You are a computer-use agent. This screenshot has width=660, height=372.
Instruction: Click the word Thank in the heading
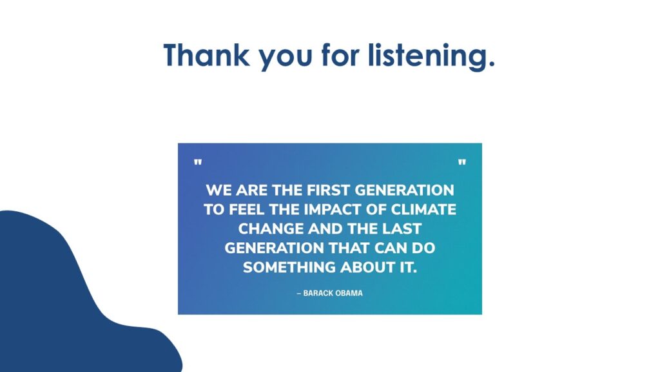click(x=206, y=55)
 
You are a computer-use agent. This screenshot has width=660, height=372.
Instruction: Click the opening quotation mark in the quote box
click(x=197, y=162)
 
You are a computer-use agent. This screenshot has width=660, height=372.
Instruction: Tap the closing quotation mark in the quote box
click(x=461, y=162)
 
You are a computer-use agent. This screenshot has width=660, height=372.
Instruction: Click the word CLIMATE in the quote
click(x=423, y=210)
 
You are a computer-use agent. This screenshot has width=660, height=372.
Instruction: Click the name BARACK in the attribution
click(x=317, y=293)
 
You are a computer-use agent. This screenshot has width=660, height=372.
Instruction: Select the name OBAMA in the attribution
click(x=349, y=293)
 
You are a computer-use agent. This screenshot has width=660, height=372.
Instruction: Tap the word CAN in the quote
click(x=391, y=248)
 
